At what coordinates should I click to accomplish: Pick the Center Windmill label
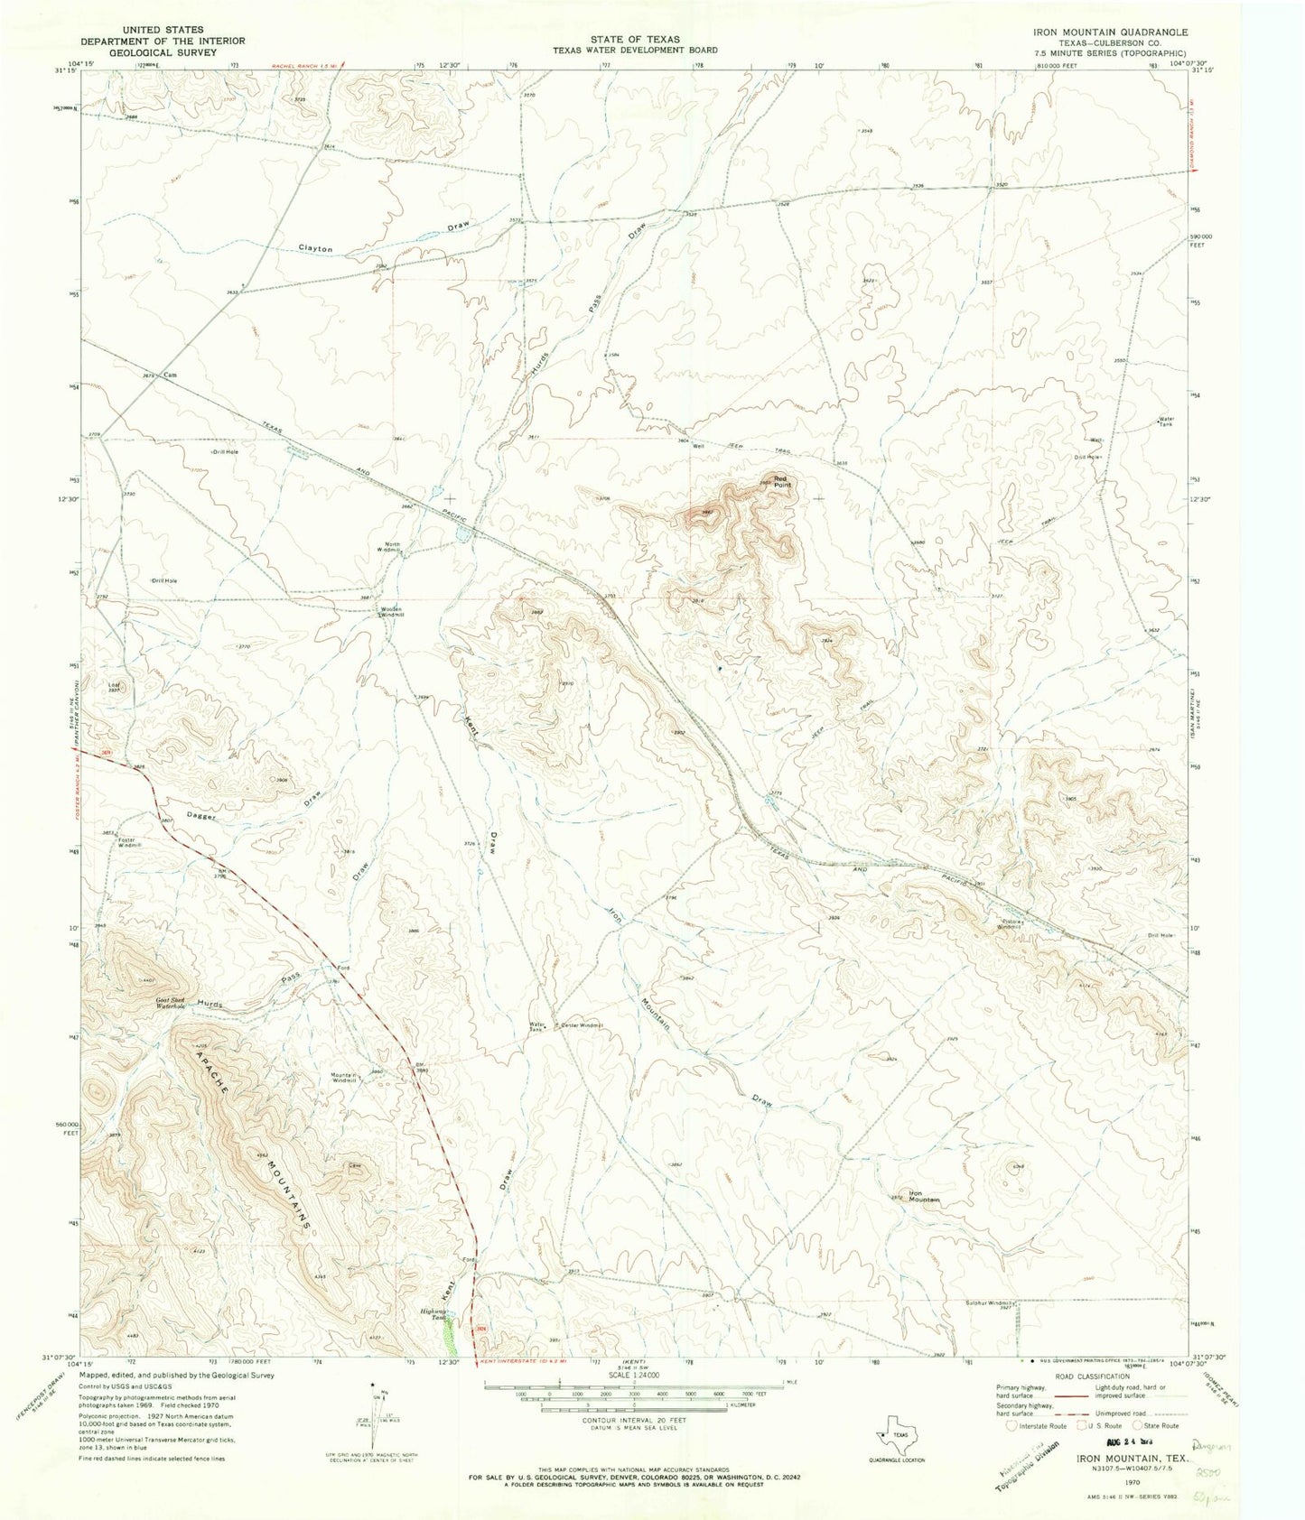(x=582, y=1025)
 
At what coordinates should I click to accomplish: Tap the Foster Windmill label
(x=129, y=843)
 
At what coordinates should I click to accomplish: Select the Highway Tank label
(x=436, y=1314)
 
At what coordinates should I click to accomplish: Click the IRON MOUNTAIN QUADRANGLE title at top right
(x=1111, y=31)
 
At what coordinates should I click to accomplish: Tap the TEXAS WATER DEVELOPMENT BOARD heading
(x=635, y=51)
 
